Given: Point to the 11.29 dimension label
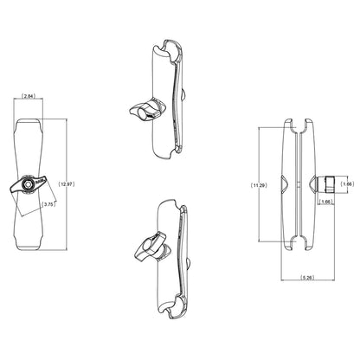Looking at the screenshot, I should click(257, 184).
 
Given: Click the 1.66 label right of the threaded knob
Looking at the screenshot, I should click(347, 183).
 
